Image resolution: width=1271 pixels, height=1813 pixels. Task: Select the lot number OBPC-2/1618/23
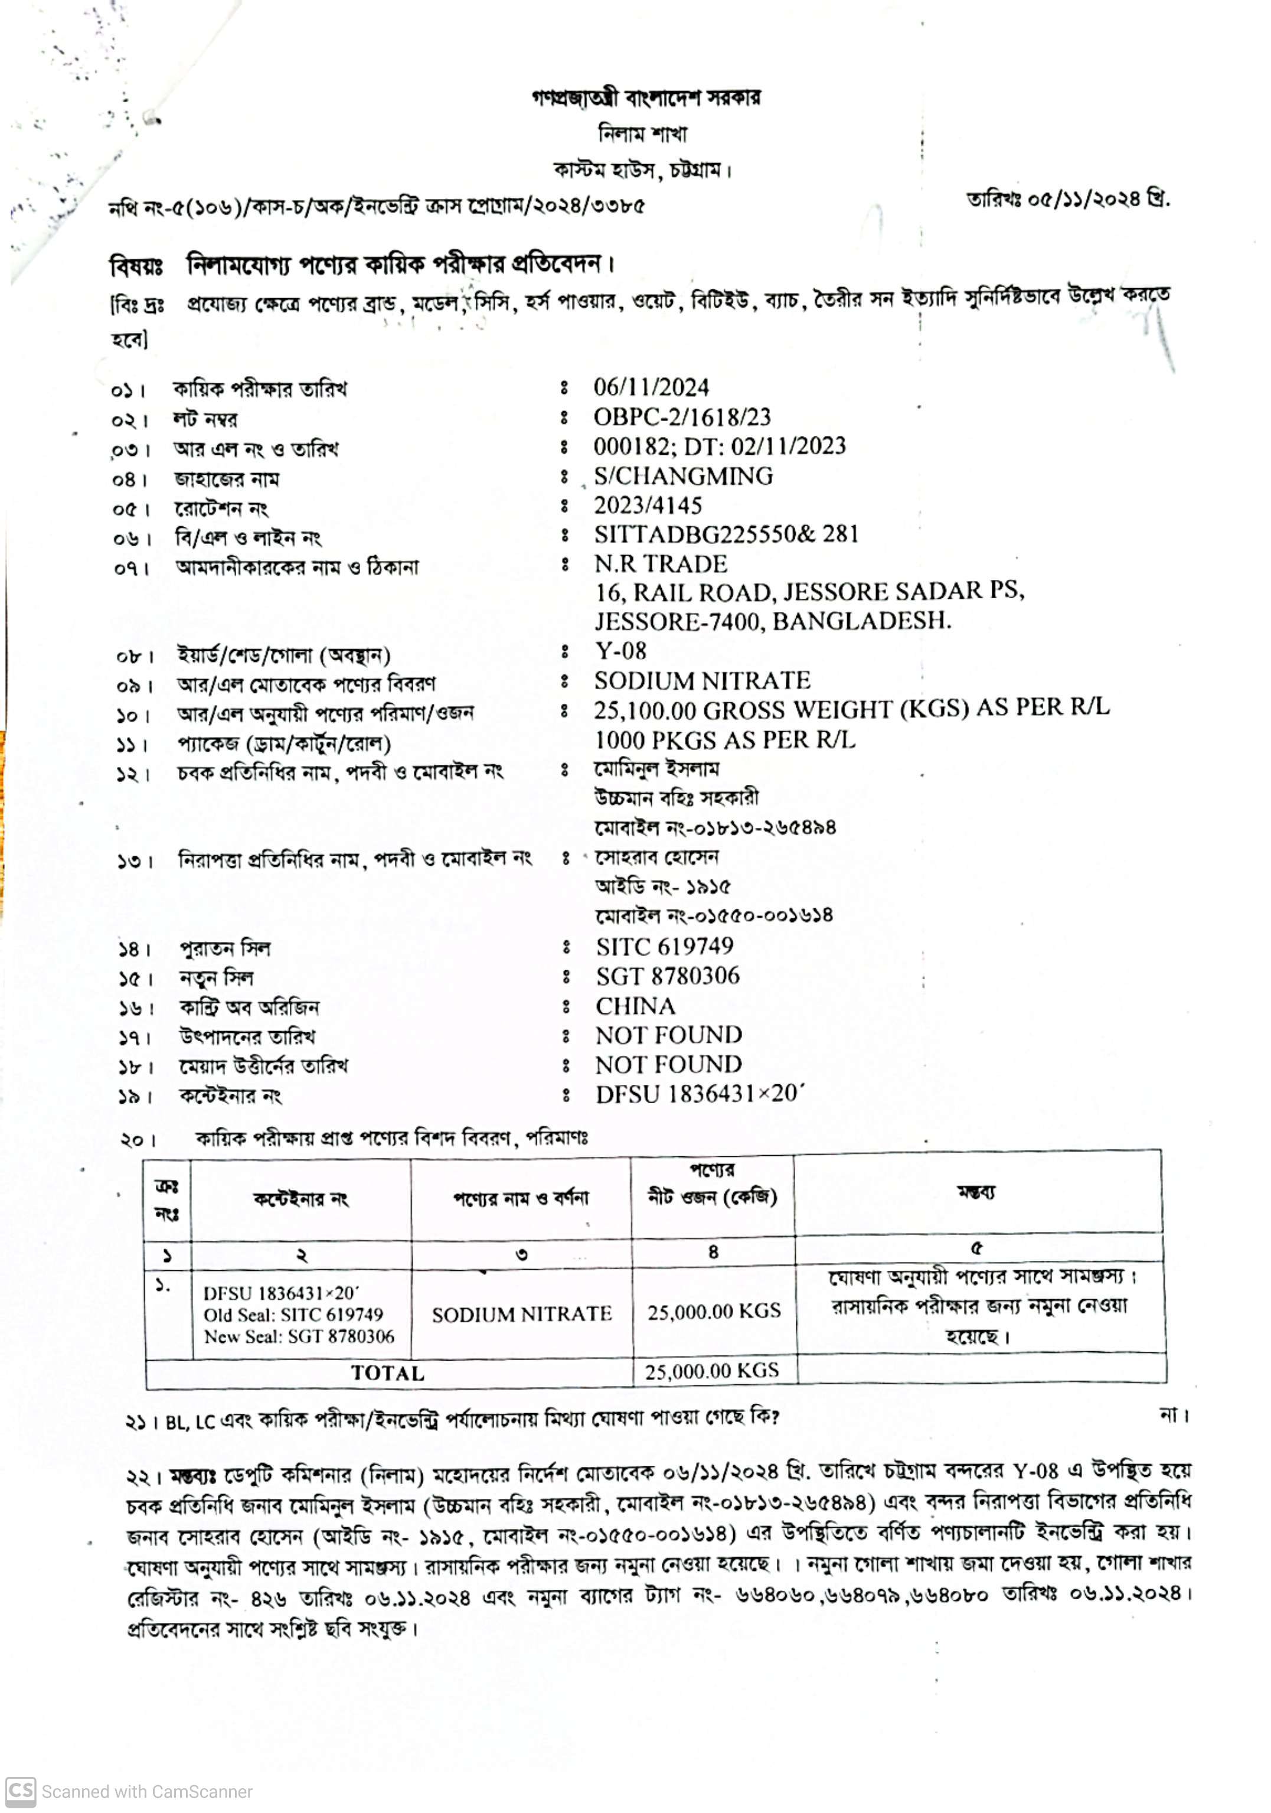(682, 416)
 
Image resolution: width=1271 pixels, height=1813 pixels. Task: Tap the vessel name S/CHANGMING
(683, 475)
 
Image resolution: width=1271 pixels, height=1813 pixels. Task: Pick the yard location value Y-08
(620, 651)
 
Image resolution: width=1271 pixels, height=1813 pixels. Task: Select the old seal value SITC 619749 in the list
(664, 945)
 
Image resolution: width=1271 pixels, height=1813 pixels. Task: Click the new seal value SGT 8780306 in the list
(667, 976)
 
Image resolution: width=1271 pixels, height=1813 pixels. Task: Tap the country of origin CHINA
(635, 1005)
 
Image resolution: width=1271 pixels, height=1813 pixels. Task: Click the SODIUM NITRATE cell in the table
(521, 1313)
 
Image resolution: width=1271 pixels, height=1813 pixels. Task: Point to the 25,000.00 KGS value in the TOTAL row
(711, 1370)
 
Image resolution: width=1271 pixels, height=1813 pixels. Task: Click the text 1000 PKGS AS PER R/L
(724, 739)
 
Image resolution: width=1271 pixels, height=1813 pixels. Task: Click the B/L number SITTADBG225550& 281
(726, 534)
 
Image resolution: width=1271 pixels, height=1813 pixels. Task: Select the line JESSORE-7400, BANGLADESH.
(772, 621)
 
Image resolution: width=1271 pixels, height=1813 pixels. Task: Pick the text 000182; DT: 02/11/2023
(719, 445)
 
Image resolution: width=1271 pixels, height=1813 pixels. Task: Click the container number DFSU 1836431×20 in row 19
(700, 1094)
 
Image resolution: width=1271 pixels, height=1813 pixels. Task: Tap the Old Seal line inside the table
(293, 1314)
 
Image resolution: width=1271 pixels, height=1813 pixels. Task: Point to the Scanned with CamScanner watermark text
(147, 1792)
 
